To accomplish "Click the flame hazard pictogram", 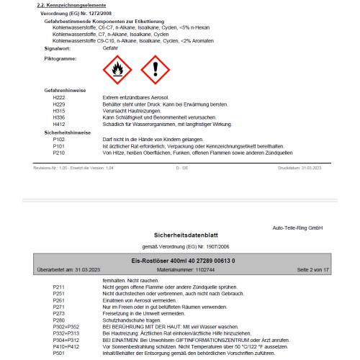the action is (117, 69).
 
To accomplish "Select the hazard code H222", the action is (59, 96).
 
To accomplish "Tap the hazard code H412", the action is (59, 124).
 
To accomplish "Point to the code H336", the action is (59, 117).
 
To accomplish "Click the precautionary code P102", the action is (59, 138).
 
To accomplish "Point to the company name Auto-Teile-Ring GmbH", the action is (297, 228).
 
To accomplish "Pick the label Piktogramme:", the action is (61, 57).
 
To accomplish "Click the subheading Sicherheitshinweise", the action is (68, 132).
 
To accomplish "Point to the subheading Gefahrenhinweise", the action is (66, 90).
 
